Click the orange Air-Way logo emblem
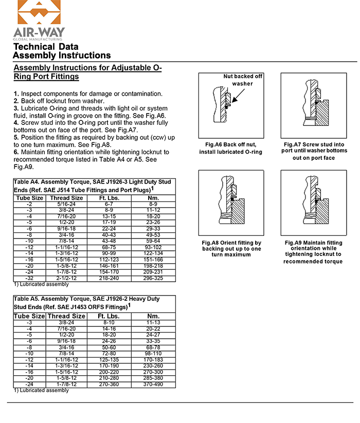point(39,12)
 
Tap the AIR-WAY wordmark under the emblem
point(39,32)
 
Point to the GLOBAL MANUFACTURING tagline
point(39,39)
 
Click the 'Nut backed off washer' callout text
point(243,80)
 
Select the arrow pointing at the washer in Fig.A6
point(237,97)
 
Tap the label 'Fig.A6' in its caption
point(215,144)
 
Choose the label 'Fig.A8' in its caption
point(213,242)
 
